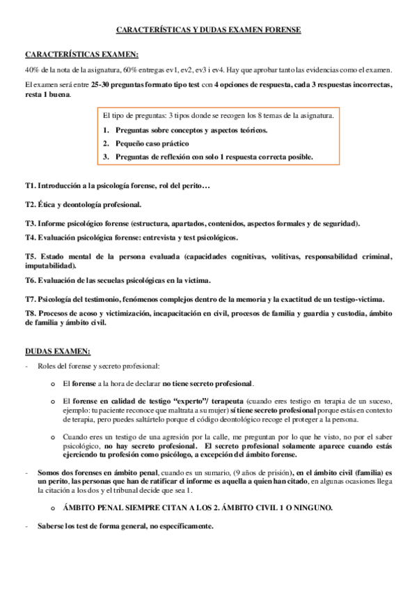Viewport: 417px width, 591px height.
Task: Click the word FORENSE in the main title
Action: pyautogui.click(x=281, y=31)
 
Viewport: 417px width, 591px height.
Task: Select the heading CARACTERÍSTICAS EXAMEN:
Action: pyautogui.click(x=81, y=55)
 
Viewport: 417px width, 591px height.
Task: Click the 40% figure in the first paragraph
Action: pyautogui.click(x=32, y=71)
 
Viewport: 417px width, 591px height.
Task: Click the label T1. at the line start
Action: pyautogui.click(x=30, y=187)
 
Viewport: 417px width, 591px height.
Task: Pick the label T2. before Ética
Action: pyautogui.click(x=30, y=205)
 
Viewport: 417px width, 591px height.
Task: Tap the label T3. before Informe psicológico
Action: pyautogui.click(x=30, y=223)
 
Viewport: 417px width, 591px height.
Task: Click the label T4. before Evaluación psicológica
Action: pyautogui.click(x=30, y=238)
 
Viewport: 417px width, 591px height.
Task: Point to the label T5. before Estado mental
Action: pyautogui.click(x=30, y=256)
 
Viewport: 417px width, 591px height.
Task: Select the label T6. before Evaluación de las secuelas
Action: pyautogui.click(x=30, y=280)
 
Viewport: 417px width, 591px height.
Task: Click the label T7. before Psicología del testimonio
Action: pyautogui.click(x=30, y=299)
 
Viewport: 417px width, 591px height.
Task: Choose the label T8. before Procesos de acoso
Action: pyautogui.click(x=30, y=314)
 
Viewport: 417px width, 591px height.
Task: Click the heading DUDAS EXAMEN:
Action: pyautogui.click(x=58, y=351)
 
